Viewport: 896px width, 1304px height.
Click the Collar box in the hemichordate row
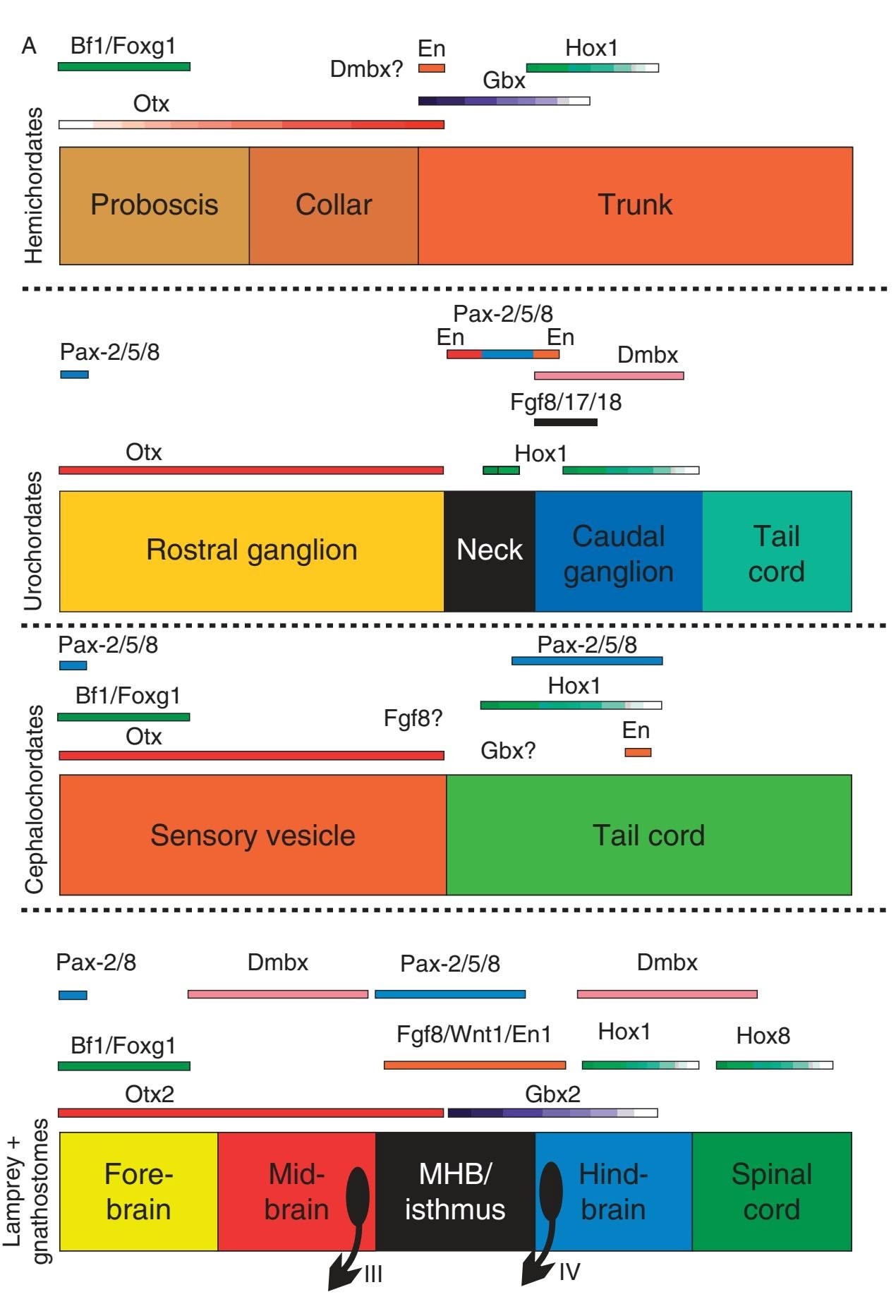333,205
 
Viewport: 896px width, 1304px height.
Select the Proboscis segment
154,205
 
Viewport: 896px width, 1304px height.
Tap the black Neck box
490,550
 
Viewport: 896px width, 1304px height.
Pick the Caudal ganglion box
619,550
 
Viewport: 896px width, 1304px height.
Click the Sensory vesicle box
253,835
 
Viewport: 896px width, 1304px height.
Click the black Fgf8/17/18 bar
566,422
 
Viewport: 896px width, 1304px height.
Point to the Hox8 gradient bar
774,1065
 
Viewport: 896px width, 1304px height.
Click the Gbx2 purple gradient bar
552,1113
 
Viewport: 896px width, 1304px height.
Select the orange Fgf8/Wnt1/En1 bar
475,1065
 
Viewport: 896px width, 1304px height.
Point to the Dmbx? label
366,69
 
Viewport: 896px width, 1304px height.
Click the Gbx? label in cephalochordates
508,750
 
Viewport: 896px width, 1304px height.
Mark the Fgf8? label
413,718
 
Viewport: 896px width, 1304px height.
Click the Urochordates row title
33,541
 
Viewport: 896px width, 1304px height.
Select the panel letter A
29,47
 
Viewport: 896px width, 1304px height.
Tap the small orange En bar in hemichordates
432,68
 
